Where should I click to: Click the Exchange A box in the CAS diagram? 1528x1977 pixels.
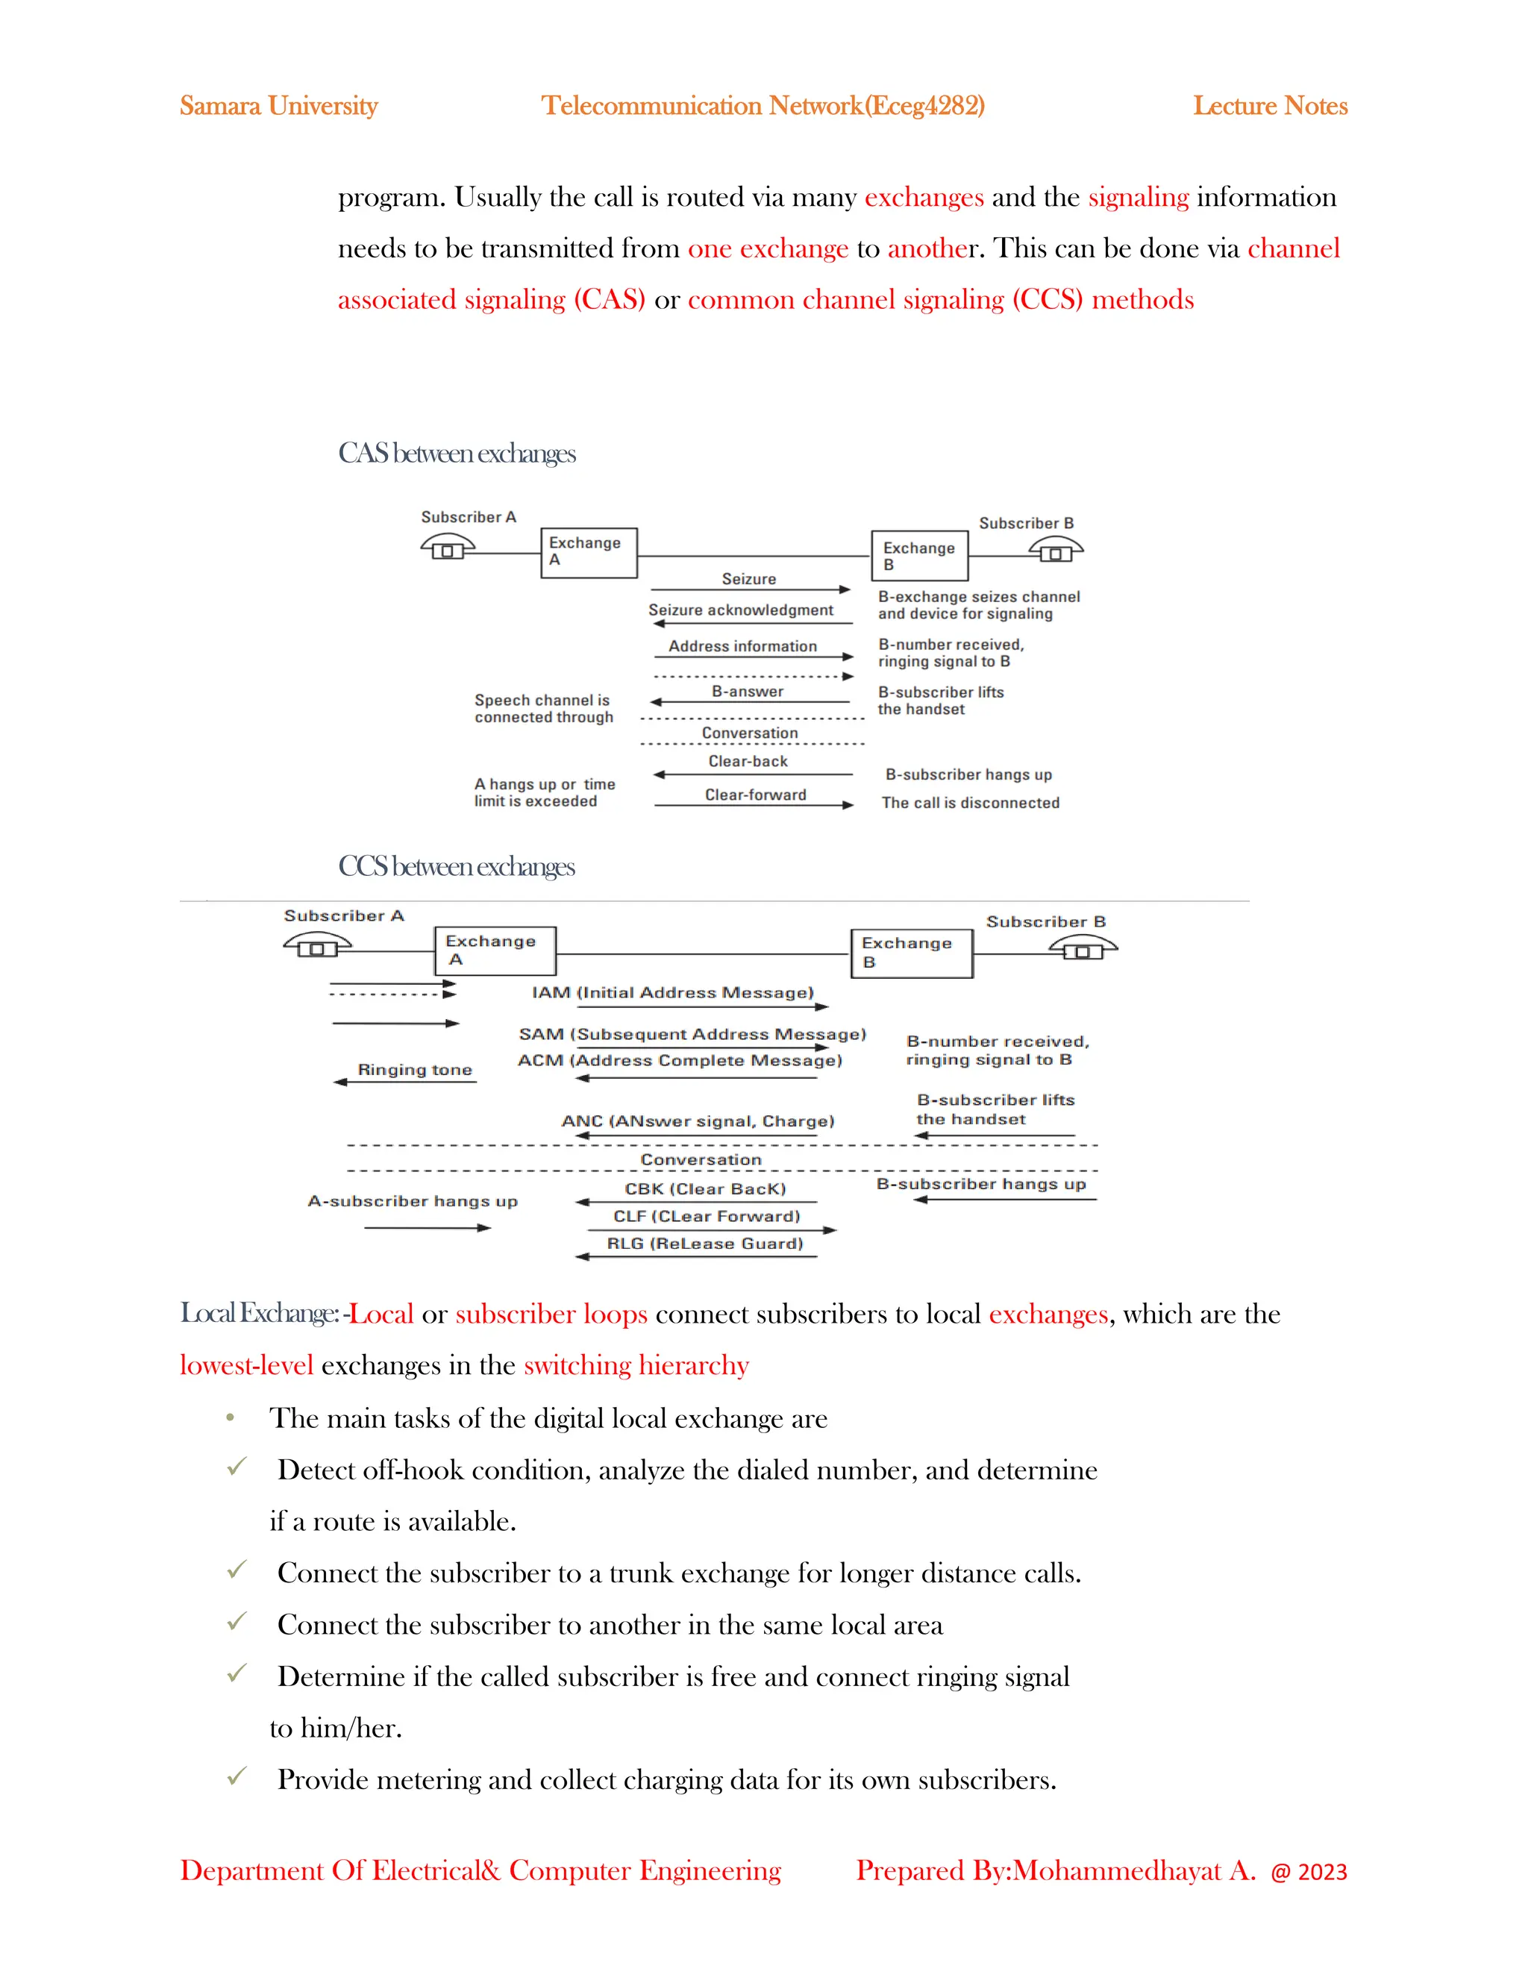tap(589, 552)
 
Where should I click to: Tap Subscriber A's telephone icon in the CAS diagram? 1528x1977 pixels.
tap(447, 547)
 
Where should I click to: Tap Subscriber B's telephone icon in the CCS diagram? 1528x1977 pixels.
tap(1083, 947)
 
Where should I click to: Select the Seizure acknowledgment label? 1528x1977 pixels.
tap(740, 610)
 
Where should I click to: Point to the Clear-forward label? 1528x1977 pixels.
tap(755, 795)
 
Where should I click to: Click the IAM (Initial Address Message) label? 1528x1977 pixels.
tap(672, 992)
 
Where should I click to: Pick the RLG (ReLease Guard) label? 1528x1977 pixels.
tap(704, 1244)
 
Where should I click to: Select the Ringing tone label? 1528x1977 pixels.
tap(415, 1070)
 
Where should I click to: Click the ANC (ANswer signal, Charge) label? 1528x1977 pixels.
tap(698, 1121)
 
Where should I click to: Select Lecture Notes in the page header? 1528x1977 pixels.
tap(1269, 106)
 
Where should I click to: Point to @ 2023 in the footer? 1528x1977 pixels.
tap(1308, 1872)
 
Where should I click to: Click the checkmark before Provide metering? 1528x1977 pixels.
tap(237, 1776)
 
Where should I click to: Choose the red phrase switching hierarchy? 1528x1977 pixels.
tap(636, 1365)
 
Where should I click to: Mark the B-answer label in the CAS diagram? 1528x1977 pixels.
tap(747, 692)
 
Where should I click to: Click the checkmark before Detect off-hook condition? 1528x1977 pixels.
tap(237, 1467)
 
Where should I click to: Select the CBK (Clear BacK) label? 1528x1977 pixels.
tap(704, 1189)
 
